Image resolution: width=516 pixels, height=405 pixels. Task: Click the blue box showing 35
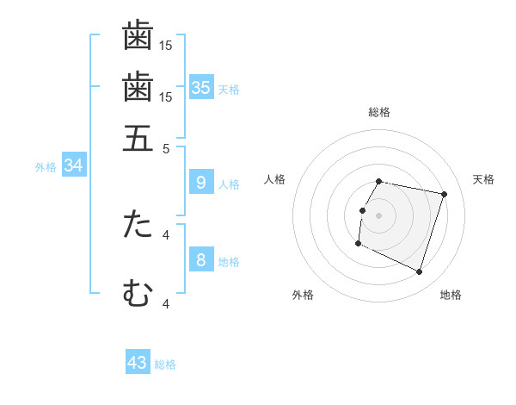[x=201, y=87]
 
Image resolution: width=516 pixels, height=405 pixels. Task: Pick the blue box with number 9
[x=200, y=182]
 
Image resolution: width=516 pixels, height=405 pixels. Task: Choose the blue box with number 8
[x=200, y=259]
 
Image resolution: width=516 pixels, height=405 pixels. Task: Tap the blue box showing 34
[x=73, y=165]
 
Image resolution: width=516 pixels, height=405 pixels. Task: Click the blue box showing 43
[x=138, y=363]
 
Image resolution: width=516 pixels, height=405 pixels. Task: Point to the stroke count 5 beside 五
[x=166, y=147]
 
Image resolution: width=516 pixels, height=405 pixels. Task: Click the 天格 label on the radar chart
[x=483, y=179]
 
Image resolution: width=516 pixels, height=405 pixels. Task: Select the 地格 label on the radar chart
[x=451, y=295]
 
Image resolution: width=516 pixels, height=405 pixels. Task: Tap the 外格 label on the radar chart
[x=303, y=295]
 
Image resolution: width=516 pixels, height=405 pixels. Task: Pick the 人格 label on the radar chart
[x=275, y=179]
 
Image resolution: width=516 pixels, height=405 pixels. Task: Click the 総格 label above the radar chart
[x=379, y=112]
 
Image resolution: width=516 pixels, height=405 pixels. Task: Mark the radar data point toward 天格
[x=444, y=195]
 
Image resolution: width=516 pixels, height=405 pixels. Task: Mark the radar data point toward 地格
[x=419, y=272]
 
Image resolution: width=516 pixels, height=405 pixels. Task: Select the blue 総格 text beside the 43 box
[x=165, y=364]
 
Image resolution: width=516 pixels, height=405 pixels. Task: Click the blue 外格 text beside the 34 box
[x=46, y=167]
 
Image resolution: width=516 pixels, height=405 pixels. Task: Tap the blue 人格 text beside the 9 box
[x=229, y=184]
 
